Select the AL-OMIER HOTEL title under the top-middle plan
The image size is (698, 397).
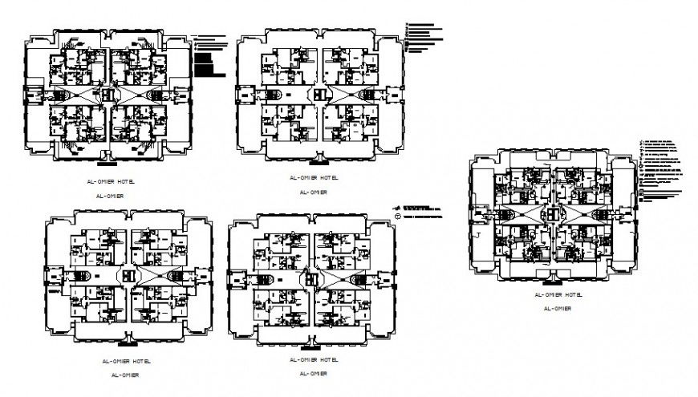311,177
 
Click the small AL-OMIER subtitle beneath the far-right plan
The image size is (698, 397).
557,308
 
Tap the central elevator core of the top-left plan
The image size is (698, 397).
110,94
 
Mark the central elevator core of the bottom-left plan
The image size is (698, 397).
127,273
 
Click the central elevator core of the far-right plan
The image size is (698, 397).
554,215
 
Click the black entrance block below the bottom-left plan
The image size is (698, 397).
126,342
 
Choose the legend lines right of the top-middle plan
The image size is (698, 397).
423,36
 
